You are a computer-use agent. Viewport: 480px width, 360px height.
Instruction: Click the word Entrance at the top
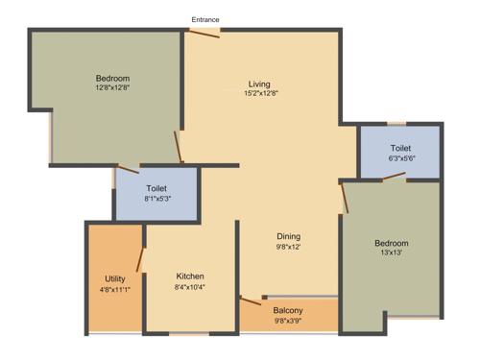point(205,19)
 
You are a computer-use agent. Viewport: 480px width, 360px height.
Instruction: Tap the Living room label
point(259,83)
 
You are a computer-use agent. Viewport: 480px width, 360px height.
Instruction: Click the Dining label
point(289,236)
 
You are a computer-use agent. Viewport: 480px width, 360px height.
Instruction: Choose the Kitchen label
point(189,276)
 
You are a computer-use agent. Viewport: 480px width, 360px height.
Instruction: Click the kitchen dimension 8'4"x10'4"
point(189,287)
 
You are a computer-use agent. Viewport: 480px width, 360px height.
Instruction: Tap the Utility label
point(114,278)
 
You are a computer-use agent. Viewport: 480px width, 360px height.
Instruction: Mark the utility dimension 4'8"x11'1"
point(114,289)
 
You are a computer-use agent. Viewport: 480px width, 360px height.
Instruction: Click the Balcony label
point(288,310)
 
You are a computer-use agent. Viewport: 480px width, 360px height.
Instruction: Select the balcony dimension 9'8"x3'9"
point(288,321)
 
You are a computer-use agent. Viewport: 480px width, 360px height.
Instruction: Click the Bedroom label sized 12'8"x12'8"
point(112,78)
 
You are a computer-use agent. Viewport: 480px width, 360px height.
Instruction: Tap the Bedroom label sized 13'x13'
point(391,244)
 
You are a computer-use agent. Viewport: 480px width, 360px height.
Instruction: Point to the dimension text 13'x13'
point(391,254)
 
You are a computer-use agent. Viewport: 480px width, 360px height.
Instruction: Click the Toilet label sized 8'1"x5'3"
point(157,189)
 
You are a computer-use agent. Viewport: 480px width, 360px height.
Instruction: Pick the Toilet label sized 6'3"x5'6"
point(400,147)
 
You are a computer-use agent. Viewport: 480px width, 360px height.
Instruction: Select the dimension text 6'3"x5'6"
point(400,157)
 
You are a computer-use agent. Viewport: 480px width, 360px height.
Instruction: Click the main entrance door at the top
point(203,34)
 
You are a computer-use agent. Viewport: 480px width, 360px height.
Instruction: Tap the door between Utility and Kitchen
point(141,258)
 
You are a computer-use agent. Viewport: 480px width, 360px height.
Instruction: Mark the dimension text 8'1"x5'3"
point(157,200)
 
